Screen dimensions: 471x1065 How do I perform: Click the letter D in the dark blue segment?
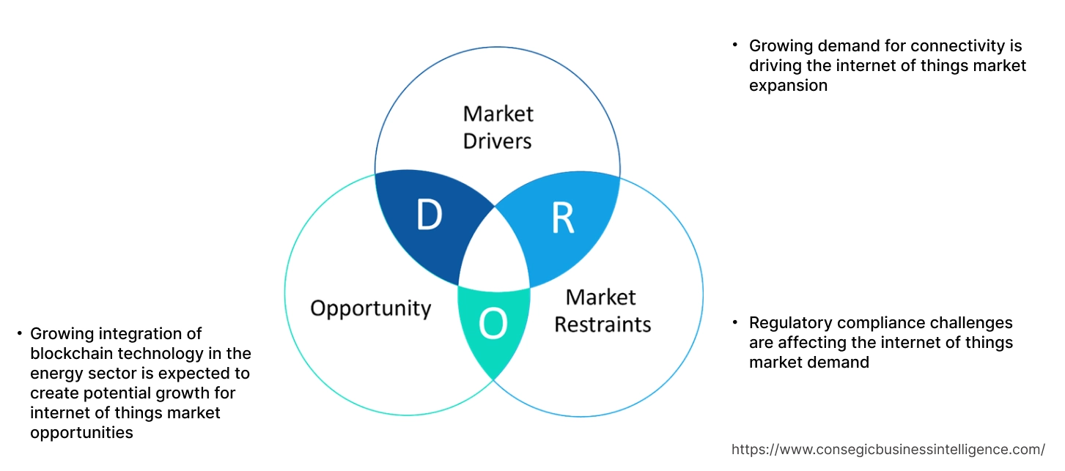(x=429, y=215)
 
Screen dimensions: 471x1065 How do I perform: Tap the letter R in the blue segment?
(x=562, y=218)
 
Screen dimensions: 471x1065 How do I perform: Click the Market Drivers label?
(x=498, y=127)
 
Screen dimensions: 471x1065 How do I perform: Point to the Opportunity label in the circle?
(x=370, y=308)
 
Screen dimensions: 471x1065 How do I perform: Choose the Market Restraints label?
(x=602, y=310)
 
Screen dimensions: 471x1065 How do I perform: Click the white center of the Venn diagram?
(x=495, y=256)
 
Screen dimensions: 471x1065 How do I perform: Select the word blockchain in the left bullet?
(x=73, y=354)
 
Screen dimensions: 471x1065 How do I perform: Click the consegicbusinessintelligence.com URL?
(x=888, y=449)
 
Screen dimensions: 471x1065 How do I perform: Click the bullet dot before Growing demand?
(x=735, y=45)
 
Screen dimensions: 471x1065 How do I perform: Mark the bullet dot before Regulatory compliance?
(x=735, y=322)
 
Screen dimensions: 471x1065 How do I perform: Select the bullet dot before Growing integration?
(x=19, y=333)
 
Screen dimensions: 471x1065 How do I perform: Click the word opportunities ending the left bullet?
(x=81, y=433)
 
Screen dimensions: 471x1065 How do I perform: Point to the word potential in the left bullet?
(x=112, y=393)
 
